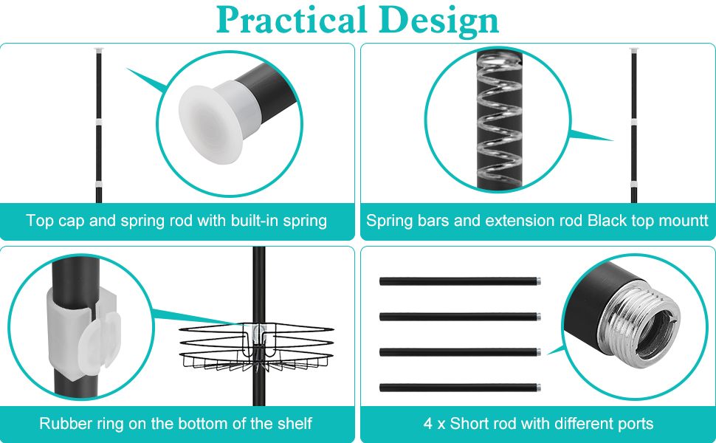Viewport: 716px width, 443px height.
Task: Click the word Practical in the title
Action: tap(292, 20)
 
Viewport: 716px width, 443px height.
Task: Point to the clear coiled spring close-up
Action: tap(499, 120)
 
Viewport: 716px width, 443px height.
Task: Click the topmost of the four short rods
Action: tap(461, 281)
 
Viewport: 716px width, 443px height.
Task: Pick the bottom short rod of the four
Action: tap(461, 388)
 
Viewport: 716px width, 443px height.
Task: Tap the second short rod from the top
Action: tap(461, 317)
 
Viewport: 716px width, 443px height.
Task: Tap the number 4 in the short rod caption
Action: tap(427, 424)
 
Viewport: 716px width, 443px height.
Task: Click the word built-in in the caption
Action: tap(255, 221)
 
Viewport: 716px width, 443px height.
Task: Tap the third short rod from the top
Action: tap(461, 352)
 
